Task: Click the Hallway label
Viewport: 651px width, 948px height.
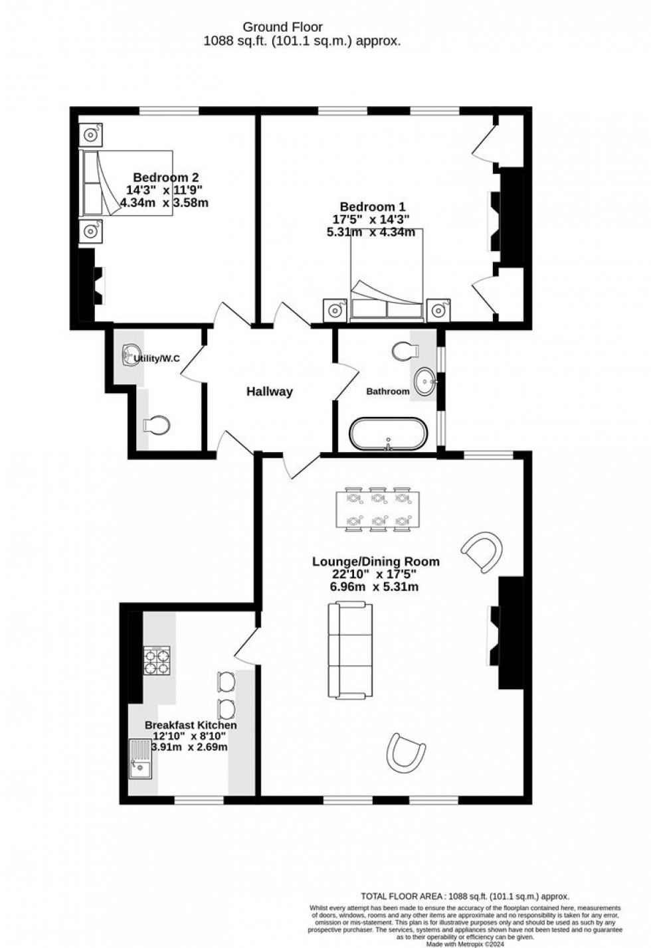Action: click(x=269, y=392)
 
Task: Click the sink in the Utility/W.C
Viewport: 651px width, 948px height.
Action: click(x=132, y=355)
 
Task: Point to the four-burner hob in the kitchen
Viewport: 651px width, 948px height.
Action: click(x=157, y=661)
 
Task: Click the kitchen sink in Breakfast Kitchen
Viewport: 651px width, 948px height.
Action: click(x=141, y=759)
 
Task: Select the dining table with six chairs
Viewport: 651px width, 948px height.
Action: click(x=377, y=511)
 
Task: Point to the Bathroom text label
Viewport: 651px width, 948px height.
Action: click(x=388, y=392)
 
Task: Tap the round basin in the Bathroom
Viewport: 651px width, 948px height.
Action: click(x=424, y=382)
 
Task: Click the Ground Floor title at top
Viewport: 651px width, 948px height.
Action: click(x=282, y=27)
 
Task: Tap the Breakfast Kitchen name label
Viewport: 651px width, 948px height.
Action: click(x=191, y=726)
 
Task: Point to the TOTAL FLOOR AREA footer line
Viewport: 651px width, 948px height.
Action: click(x=464, y=896)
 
